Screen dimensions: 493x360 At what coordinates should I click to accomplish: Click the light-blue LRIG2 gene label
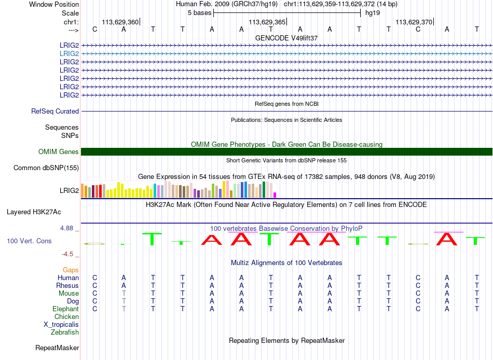click(69, 54)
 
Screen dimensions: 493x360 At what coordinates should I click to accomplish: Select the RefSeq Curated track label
click(55, 112)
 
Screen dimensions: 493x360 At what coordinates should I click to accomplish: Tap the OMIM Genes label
click(59, 152)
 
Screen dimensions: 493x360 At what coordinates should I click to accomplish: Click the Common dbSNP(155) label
click(46, 168)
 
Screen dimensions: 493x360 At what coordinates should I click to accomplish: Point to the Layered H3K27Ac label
click(34, 212)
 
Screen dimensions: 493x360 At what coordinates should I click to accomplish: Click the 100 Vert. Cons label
click(29, 241)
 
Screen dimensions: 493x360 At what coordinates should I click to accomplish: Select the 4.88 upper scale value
click(66, 228)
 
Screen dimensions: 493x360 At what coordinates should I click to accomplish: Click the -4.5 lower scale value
click(67, 254)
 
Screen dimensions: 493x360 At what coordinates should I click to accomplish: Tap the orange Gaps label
click(71, 270)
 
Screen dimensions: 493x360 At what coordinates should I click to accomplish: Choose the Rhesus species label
click(67, 286)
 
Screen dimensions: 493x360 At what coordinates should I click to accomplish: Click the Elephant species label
click(66, 309)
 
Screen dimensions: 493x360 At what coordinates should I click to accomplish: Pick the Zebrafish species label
click(65, 333)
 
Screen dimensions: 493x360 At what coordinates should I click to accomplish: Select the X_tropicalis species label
click(61, 325)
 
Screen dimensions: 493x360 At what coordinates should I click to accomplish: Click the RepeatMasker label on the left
click(57, 348)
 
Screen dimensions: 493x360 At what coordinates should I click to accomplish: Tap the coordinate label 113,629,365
click(267, 22)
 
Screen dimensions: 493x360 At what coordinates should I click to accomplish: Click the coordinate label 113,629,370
click(414, 22)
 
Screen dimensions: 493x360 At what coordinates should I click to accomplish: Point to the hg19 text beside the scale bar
click(373, 13)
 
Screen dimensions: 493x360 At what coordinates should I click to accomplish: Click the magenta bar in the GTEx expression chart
click(275, 195)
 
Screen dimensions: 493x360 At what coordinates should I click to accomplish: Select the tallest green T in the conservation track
click(152, 239)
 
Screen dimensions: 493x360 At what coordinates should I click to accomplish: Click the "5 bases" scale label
click(200, 13)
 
